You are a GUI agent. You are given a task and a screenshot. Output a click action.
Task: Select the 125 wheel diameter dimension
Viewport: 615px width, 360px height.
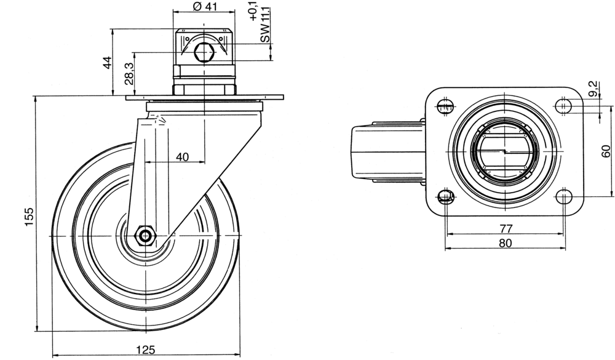(145, 350)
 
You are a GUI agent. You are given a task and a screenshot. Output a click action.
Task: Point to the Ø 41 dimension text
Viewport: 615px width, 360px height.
(205, 7)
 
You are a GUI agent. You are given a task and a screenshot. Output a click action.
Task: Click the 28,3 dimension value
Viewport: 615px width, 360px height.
(129, 73)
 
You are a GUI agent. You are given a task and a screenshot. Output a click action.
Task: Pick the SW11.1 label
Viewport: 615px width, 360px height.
(265, 28)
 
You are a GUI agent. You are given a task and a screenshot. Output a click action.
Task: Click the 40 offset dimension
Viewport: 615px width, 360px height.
(182, 157)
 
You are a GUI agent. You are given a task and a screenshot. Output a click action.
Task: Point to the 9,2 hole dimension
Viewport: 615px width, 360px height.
(593, 89)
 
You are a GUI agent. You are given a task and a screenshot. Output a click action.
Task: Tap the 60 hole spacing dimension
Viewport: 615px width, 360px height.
(606, 151)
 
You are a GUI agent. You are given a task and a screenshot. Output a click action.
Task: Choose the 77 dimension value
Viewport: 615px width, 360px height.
(506, 228)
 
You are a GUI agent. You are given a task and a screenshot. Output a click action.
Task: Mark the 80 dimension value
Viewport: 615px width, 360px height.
(505, 243)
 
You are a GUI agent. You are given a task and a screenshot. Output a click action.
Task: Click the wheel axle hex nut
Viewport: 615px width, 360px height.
(146, 235)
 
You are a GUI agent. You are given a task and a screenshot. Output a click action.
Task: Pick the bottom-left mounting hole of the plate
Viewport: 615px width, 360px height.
(446, 197)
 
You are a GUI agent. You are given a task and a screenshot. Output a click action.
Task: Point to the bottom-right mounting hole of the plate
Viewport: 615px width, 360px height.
(565, 197)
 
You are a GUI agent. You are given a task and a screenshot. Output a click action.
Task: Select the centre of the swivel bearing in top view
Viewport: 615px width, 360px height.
(505, 151)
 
